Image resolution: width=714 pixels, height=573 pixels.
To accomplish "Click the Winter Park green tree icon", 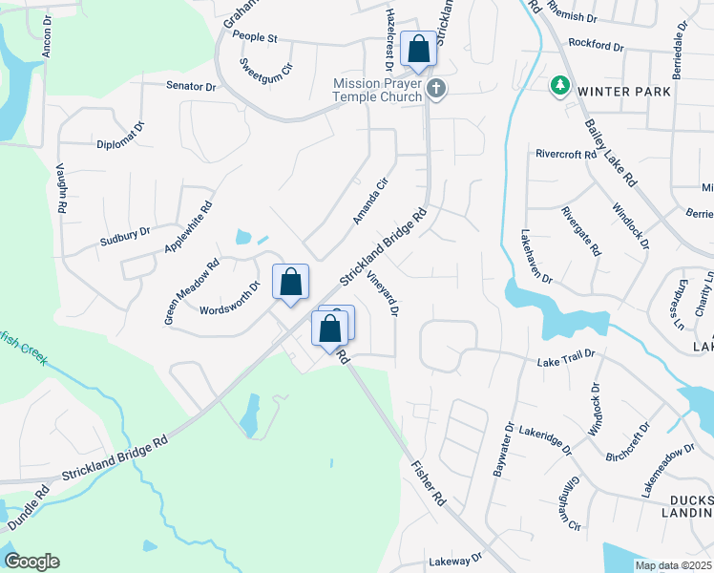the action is (x=559, y=88).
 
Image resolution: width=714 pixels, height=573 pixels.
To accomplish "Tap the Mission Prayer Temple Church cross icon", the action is (x=436, y=89).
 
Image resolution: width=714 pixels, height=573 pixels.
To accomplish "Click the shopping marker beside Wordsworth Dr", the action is (x=291, y=283).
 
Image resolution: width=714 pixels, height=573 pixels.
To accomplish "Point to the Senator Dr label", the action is (x=192, y=86).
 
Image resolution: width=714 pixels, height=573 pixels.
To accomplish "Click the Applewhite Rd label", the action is (x=188, y=227).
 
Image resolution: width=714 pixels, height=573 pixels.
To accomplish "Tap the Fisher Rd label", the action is (x=428, y=483).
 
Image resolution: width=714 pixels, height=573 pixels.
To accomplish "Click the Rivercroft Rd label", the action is (x=566, y=153).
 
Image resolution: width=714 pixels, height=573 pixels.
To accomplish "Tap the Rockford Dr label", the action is (x=595, y=45).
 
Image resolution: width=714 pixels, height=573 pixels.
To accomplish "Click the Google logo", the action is (x=31, y=562).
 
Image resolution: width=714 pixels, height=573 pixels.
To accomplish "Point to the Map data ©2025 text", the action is (x=672, y=565).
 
